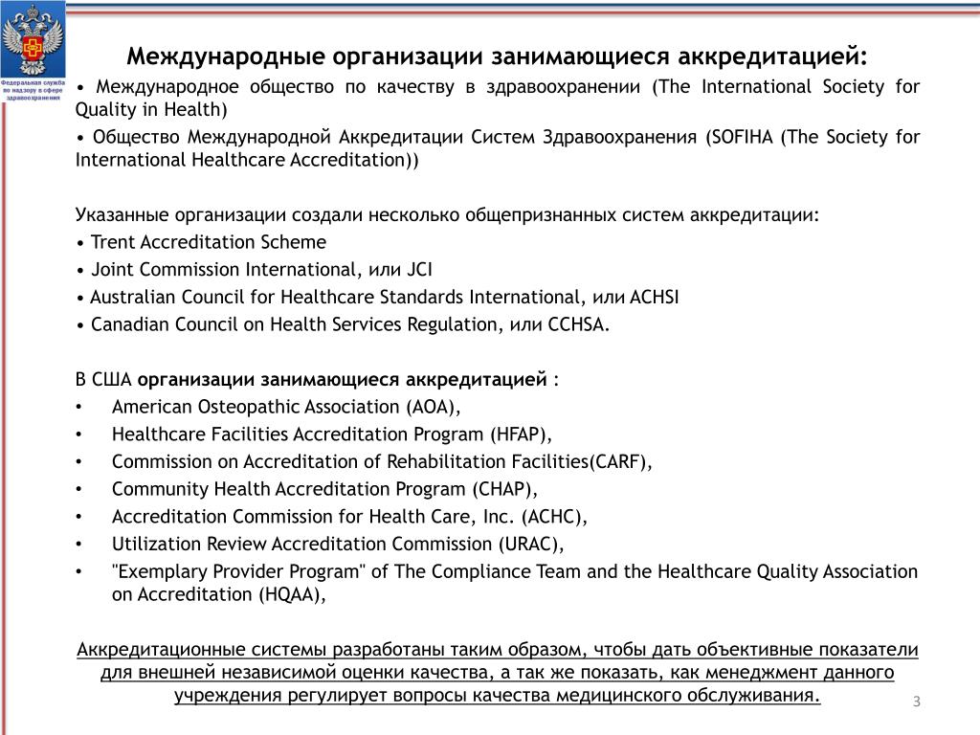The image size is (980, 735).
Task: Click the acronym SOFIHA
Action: pos(741,137)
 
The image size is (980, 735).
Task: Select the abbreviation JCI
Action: pos(427,269)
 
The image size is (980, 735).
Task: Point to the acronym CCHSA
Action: pos(578,324)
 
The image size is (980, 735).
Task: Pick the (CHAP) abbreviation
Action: pos(503,490)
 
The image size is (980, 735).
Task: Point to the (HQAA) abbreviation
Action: pos(291,594)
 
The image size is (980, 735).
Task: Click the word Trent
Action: pos(114,242)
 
